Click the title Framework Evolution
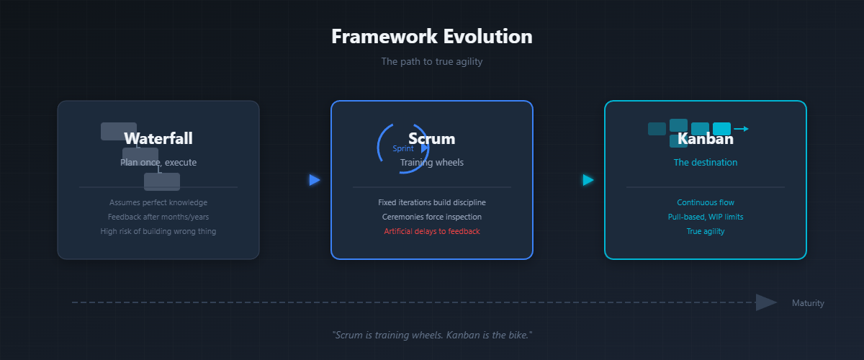point(432,37)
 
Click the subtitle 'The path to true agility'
point(432,62)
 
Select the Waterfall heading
point(158,138)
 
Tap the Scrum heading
point(432,138)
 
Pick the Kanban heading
point(706,138)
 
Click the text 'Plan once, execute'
point(158,163)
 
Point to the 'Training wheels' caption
point(432,163)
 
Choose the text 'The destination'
point(706,163)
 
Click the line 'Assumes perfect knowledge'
point(158,202)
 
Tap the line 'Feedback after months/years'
point(158,217)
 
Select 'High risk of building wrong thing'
point(158,231)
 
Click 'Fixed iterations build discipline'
point(432,202)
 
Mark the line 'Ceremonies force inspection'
point(432,217)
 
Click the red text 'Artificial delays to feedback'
point(432,231)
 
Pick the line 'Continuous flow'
point(706,202)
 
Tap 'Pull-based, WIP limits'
point(706,217)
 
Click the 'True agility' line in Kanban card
point(706,231)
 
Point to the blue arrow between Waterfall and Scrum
point(314,180)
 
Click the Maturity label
point(808,303)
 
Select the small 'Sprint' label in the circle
point(403,148)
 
